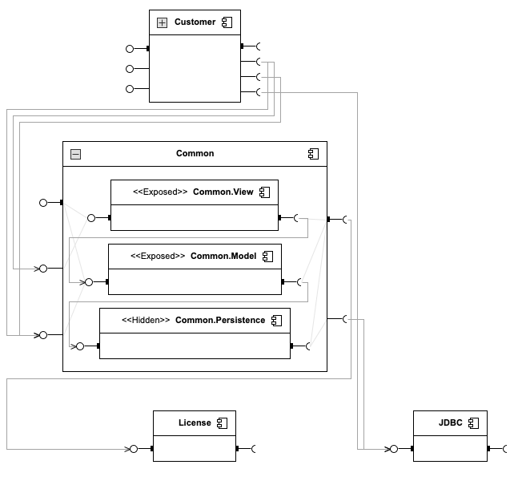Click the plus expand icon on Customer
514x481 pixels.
pos(162,22)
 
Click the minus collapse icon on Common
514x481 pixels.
pos(75,154)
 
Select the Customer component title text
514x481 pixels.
pos(195,22)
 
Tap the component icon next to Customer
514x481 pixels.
pos(227,22)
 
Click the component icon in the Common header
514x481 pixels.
pos(314,154)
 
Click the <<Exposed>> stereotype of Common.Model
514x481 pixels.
pos(159,257)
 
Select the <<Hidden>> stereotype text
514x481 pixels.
pos(146,321)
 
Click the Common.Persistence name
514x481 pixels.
pos(220,321)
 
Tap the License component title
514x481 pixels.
pos(195,422)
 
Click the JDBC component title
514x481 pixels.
pos(451,422)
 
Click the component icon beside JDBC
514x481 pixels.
pos(473,422)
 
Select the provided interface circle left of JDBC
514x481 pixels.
pos(393,449)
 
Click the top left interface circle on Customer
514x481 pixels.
pos(130,48)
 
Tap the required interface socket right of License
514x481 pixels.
pos(255,449)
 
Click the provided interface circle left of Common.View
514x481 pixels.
pos(91,217)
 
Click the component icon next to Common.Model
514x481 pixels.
pos(267,257)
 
